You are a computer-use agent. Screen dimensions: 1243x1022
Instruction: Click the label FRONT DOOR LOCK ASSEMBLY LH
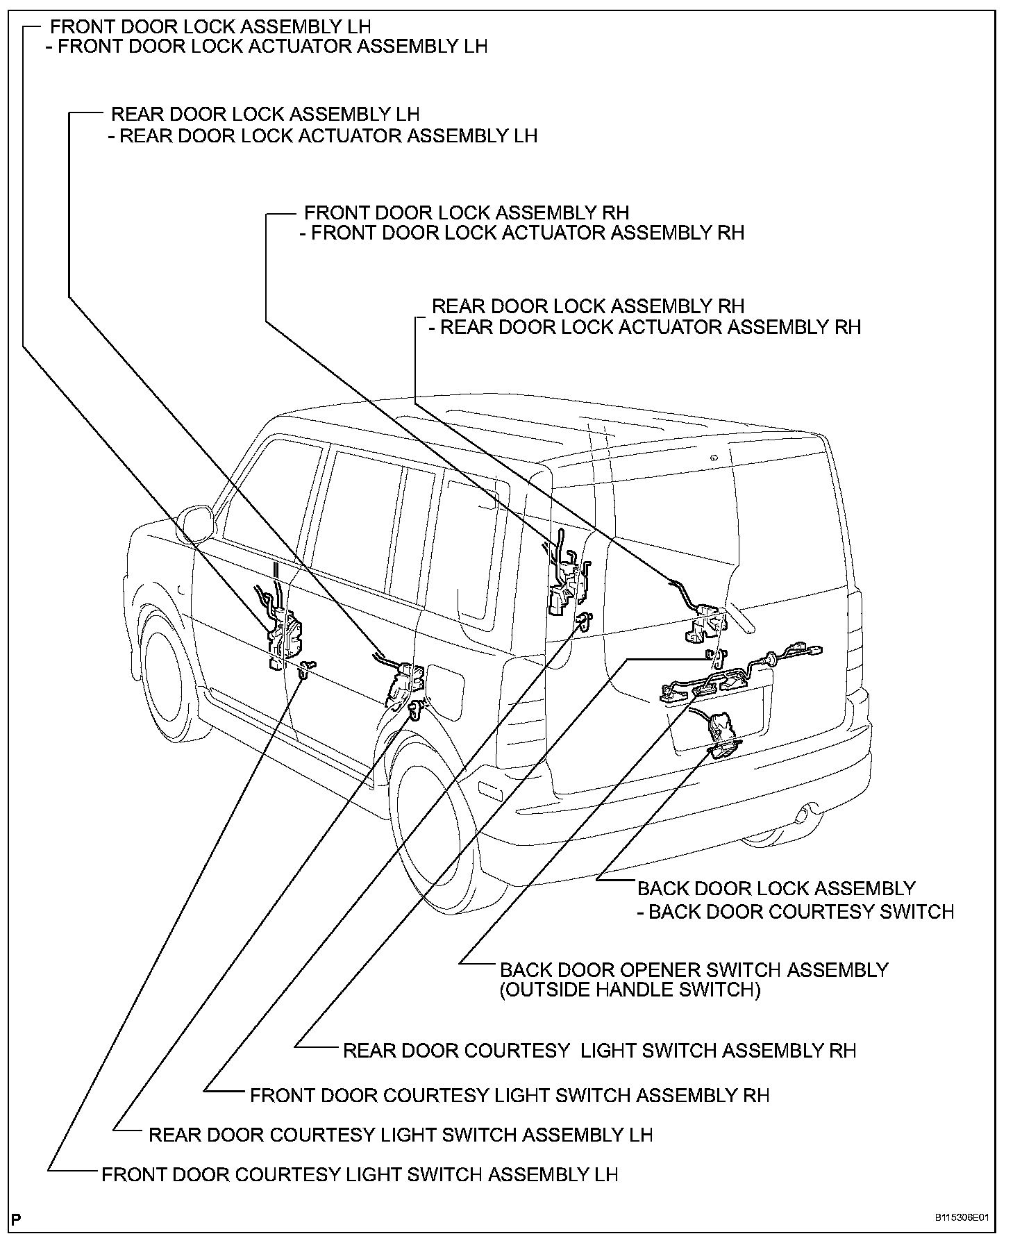(210, 27)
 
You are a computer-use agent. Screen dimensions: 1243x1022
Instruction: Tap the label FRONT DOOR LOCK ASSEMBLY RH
(467, 212)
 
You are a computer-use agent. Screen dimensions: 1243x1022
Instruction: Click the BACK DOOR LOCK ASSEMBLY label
(776, 888)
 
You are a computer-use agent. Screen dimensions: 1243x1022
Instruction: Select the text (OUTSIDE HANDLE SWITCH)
(630, 990)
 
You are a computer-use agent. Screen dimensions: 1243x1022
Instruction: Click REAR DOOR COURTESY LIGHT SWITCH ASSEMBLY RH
(599, 1050)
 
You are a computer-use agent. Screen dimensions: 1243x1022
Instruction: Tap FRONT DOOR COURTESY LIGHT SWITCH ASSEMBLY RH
(510, 1095)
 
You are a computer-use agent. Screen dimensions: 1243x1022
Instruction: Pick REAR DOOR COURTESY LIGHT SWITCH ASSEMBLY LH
(401, 1135)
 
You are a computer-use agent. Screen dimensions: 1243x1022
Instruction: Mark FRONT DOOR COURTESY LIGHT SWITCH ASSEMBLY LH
(360, 1174)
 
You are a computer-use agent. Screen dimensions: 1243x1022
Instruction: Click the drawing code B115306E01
(961, 1218)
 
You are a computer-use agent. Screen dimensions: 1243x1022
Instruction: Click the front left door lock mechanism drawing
(283, 631)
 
